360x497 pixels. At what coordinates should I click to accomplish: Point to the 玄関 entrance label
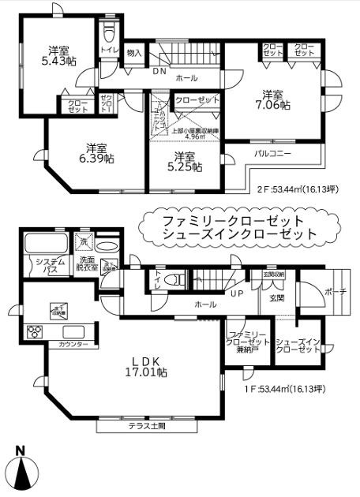coord(277,298)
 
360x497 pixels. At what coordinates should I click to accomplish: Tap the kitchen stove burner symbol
coord(35,331)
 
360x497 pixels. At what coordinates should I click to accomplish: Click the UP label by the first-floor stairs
coord(235,293)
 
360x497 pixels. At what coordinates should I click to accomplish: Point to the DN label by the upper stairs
coord(159,70)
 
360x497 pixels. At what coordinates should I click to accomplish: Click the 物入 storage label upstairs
coord(134,53)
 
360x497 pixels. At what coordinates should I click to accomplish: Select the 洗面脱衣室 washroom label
coord(87,266)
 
